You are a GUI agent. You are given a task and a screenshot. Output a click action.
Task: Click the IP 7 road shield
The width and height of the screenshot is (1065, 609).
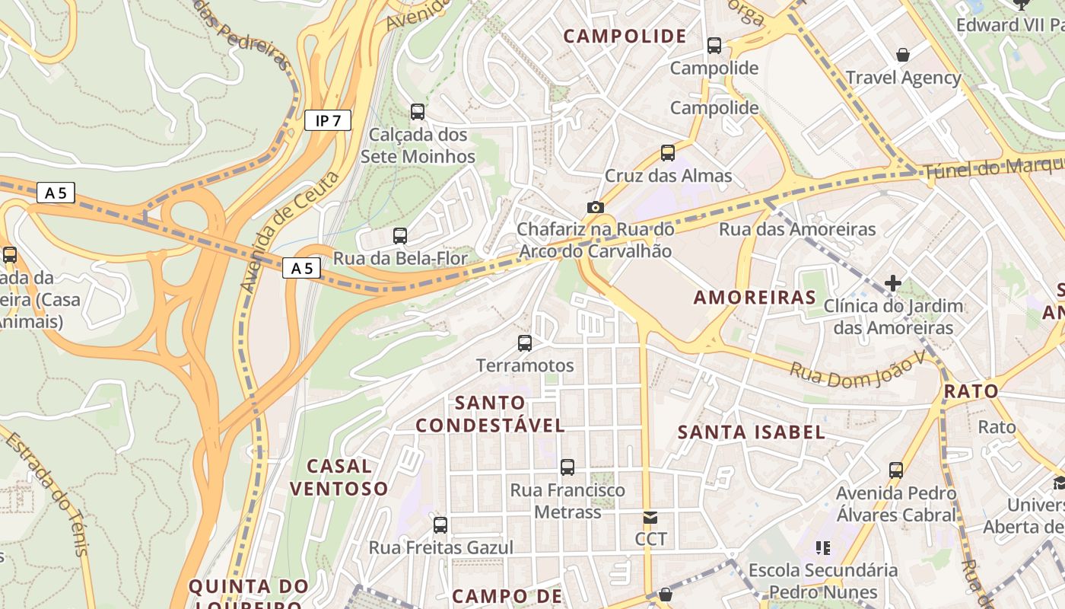pos(328,120)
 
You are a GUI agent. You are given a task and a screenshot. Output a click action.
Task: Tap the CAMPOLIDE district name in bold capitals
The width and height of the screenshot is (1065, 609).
pos(625,36)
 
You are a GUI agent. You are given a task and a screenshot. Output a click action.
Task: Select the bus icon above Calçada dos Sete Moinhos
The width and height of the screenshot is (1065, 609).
pos(418,112)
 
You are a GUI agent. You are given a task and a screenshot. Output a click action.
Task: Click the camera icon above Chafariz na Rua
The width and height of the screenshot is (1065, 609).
pos(595,207)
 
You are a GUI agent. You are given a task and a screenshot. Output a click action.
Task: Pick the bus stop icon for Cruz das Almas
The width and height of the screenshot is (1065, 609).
pos(668,153)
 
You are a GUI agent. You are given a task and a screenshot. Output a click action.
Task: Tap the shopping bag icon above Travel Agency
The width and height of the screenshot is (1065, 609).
pos(903,55)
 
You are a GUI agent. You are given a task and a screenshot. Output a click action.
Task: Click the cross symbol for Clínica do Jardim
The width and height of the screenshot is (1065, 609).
pos(893,284)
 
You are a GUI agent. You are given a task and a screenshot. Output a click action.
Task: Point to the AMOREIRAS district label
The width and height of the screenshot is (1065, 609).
pos(755,297)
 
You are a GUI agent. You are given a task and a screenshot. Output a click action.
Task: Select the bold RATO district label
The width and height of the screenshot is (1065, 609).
pos(971,391)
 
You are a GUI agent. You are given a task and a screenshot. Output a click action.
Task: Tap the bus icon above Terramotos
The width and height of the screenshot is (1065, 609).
pos(525,343)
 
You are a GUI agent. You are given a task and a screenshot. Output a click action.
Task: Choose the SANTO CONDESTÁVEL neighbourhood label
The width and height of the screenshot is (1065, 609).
pos(490,413)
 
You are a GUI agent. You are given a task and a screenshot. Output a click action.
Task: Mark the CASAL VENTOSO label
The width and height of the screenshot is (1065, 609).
pos(339,477)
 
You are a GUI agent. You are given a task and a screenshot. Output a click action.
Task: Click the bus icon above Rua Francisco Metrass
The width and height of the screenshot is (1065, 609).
pos(567,467)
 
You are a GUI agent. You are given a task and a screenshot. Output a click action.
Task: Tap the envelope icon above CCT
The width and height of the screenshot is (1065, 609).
pos(650,518)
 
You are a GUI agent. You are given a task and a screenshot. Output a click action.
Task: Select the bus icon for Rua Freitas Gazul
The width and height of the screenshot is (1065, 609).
pos(440,525)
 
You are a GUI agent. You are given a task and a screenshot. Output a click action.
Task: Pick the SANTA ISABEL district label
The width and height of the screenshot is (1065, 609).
pos(751,432)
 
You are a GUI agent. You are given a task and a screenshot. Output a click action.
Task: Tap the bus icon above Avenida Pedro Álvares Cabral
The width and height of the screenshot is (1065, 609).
pos(896,470)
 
